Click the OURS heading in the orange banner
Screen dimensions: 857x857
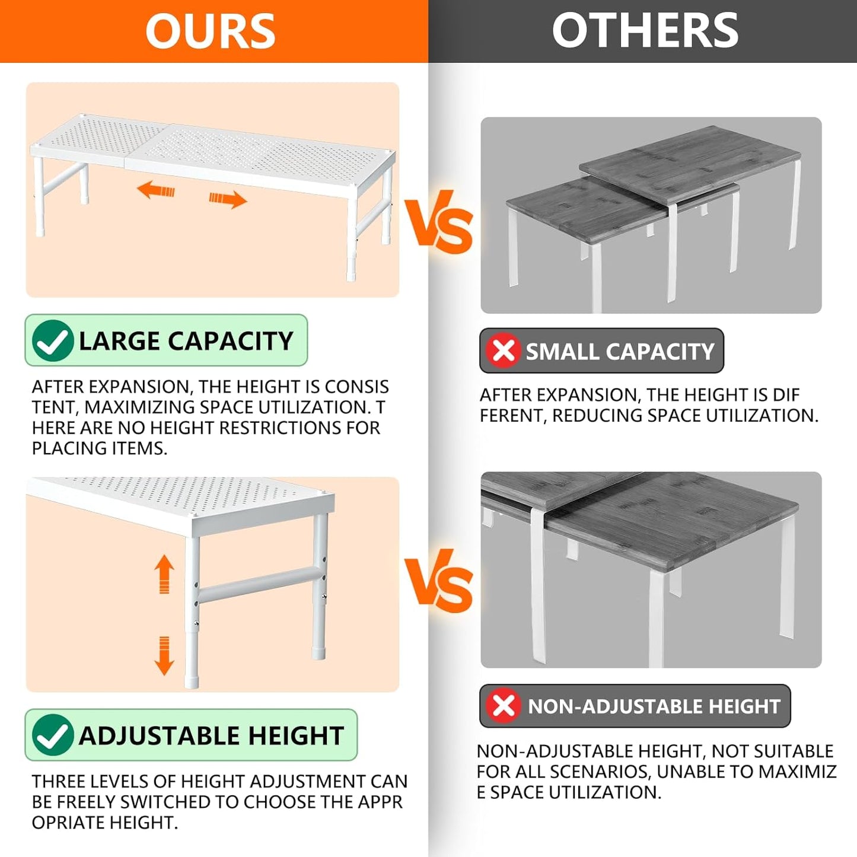pyautogui.click(x=211, y=31)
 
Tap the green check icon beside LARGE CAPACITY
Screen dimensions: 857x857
pyautogui.click(x=52, y=340)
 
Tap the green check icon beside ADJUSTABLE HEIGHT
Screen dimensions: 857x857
pyautogui.click(x=52, y=735)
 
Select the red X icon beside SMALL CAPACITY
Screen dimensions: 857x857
pyautogui.click(x=504, y=351)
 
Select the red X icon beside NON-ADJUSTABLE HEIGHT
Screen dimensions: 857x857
pyautogui.click(x=504, y=706)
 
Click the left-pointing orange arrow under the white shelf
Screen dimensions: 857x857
pyautogui.click(x=155, y=190)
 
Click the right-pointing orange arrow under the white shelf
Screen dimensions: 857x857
pyautogui.click(x=228, y=199)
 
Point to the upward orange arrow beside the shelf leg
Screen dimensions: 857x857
pyautogui.click(x=164, y=574)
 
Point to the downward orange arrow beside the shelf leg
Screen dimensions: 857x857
pyautogui.click(x=164, y=656)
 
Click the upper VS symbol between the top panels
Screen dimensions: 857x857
pyautogui.click(x=438, y=221)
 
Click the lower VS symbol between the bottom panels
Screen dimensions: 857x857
pyautogui.click(x=438, y=581)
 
